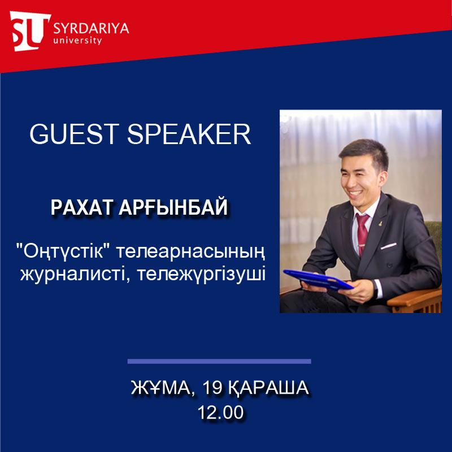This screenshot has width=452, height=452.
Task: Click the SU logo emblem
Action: point(30,31)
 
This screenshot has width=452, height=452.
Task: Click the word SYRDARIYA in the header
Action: point(91,29)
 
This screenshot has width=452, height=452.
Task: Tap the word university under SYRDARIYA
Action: point(77,40)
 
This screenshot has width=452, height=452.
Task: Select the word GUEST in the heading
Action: point(75,134)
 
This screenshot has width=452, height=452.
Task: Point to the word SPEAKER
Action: point(189,134)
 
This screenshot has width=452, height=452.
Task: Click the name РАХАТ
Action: point(81,207)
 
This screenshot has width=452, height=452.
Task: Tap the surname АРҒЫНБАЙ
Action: point(173,207)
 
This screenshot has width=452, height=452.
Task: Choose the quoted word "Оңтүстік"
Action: point(64,251)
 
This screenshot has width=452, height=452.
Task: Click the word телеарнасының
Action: point(190,252)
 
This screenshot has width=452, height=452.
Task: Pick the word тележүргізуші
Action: point(201,275)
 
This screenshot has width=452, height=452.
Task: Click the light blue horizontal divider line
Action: point(219,361)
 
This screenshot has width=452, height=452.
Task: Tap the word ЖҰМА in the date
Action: point(162,388)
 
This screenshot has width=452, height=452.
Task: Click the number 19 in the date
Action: point(212,388)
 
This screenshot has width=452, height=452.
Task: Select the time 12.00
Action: point(220,412)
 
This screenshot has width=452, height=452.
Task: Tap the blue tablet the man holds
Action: point(318,280)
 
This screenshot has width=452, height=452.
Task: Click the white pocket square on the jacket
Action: point(388,246)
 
